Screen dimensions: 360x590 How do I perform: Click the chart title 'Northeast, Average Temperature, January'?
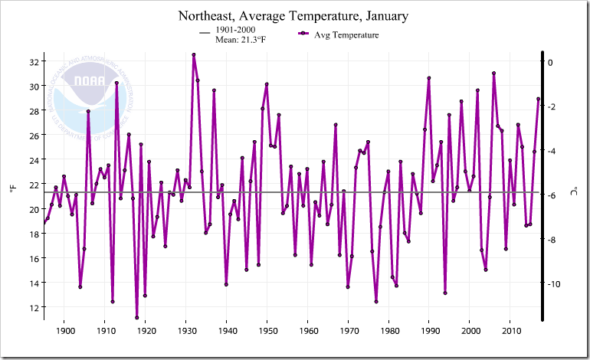point(293,15)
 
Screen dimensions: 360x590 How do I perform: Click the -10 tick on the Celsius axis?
point(556,284)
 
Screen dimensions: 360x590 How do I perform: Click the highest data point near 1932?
point(194,54)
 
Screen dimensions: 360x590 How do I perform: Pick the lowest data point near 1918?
point(137,317)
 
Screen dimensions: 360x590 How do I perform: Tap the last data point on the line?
point(539,99)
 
